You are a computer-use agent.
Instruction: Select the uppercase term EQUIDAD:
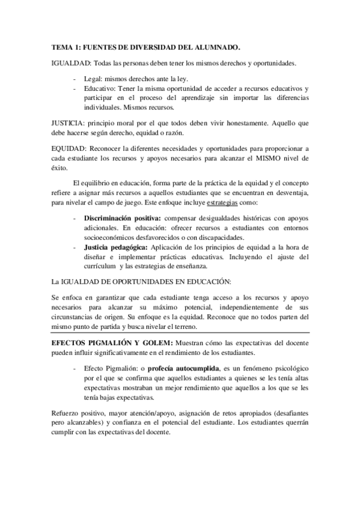click(x=69, y=147)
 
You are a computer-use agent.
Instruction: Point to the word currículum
click(x=101, y=266)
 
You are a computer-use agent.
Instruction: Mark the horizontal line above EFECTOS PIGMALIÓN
click(x=180, y=332)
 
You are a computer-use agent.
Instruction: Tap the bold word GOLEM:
click(x=156, y=341)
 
